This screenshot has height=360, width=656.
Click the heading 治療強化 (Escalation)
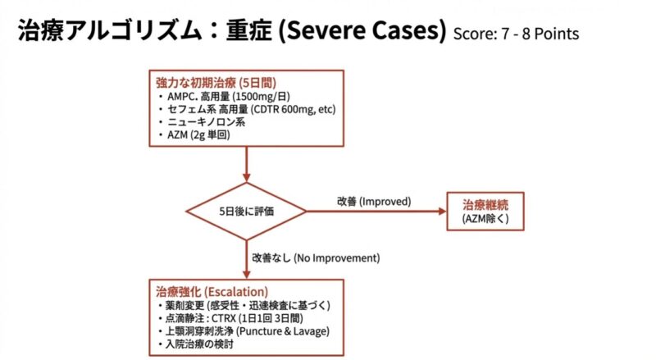coord(212,292)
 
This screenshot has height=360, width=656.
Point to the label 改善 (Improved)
coord(373,201)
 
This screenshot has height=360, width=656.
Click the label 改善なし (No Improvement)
coord(316,257)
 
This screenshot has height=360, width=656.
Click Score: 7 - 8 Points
coord(516,35)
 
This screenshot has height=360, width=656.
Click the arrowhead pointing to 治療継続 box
coord(441,211)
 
